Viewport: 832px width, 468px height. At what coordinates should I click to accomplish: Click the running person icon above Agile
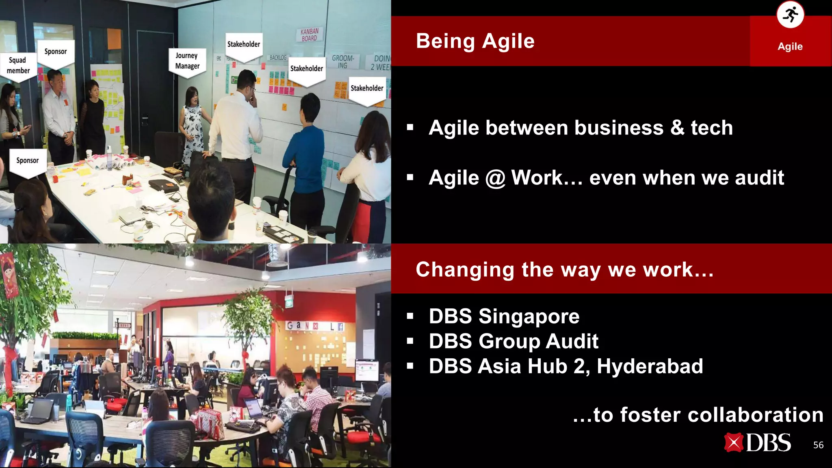(790, 15)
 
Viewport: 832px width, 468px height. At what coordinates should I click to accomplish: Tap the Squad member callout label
(18, 65)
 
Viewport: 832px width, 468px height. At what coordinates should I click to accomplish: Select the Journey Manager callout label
(187, 61)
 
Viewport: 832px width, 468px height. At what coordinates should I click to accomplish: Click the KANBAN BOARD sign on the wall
(310, 35)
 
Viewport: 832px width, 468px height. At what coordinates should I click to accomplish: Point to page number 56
(818, 445)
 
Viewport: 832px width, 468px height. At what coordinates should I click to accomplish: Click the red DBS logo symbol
(733, 443)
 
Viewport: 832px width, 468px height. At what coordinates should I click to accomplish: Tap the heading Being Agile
(475, 41)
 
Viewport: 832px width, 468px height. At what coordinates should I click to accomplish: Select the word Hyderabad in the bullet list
(650, 366)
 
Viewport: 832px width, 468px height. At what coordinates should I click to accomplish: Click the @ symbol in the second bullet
(495, 178)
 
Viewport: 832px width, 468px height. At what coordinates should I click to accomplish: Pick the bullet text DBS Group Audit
(513, 341)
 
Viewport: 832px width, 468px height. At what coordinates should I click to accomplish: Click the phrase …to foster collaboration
(698, 415)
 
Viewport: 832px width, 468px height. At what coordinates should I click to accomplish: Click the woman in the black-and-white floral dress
(192, 126)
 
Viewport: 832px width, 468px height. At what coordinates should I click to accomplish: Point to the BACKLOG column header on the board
(278, 58)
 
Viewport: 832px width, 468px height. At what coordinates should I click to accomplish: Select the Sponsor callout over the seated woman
(28, 161)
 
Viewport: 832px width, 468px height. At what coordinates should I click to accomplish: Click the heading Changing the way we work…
(564, 269)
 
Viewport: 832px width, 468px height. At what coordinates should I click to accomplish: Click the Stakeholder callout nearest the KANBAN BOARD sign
(307, 69)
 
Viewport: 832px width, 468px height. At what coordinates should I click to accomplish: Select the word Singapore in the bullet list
(529, 316)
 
